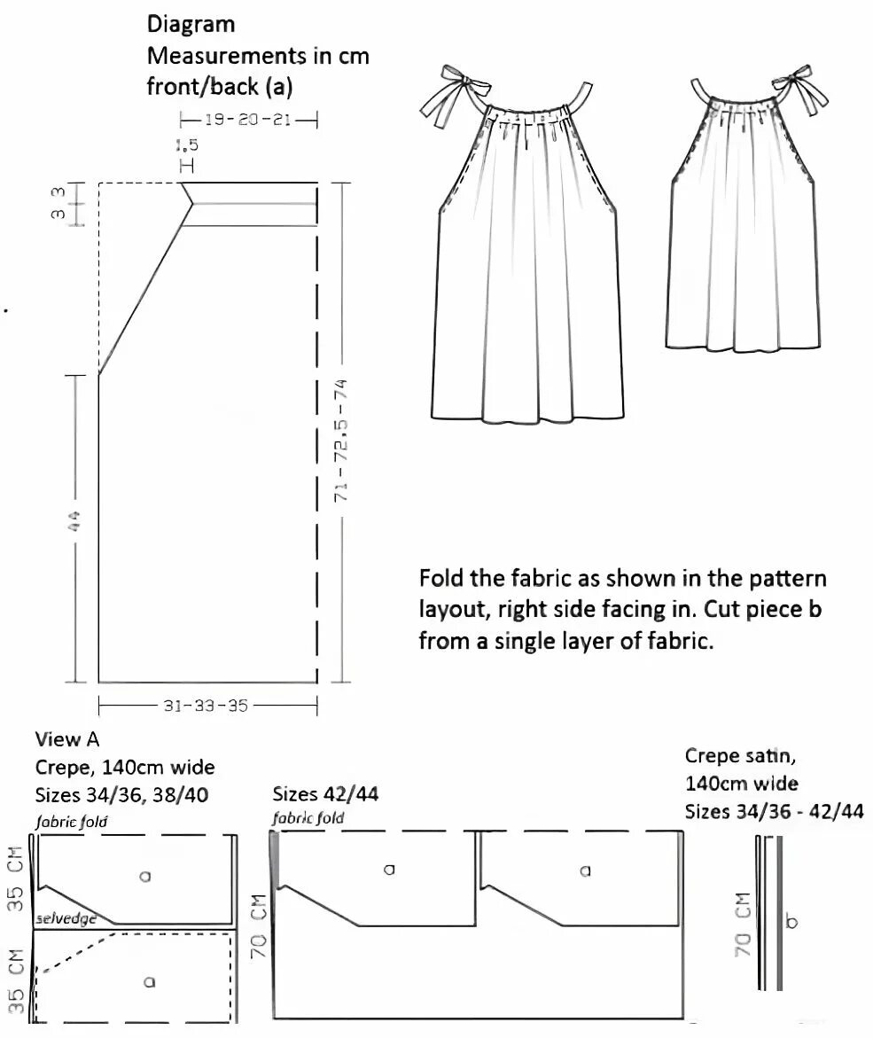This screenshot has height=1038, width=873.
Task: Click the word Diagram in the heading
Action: [x=191, y=25]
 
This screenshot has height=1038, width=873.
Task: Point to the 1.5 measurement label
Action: [x=187, y=145]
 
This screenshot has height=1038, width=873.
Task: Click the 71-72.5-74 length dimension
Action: [x=340, y=441]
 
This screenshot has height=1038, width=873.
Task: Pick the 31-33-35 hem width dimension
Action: [x=206, y=706]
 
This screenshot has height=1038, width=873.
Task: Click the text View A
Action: [x=67, y=739]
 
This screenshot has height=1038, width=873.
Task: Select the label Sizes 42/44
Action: [x=325, y=793]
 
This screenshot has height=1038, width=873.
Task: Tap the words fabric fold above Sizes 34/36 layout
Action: [x=72, y=822]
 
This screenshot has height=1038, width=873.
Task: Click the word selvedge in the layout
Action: [x=65, y=920]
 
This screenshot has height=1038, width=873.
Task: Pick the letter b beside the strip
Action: [x=791, y=922]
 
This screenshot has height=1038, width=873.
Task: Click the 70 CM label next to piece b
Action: [x=744, y=924]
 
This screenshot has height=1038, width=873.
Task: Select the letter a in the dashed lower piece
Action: [x=148, y=980]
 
